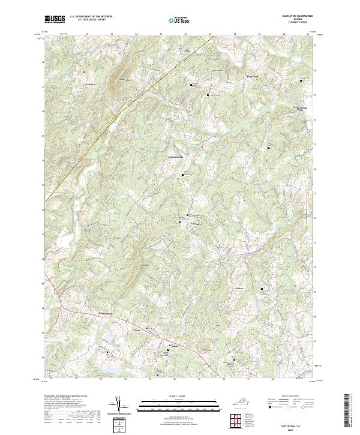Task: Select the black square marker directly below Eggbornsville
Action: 183,175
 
